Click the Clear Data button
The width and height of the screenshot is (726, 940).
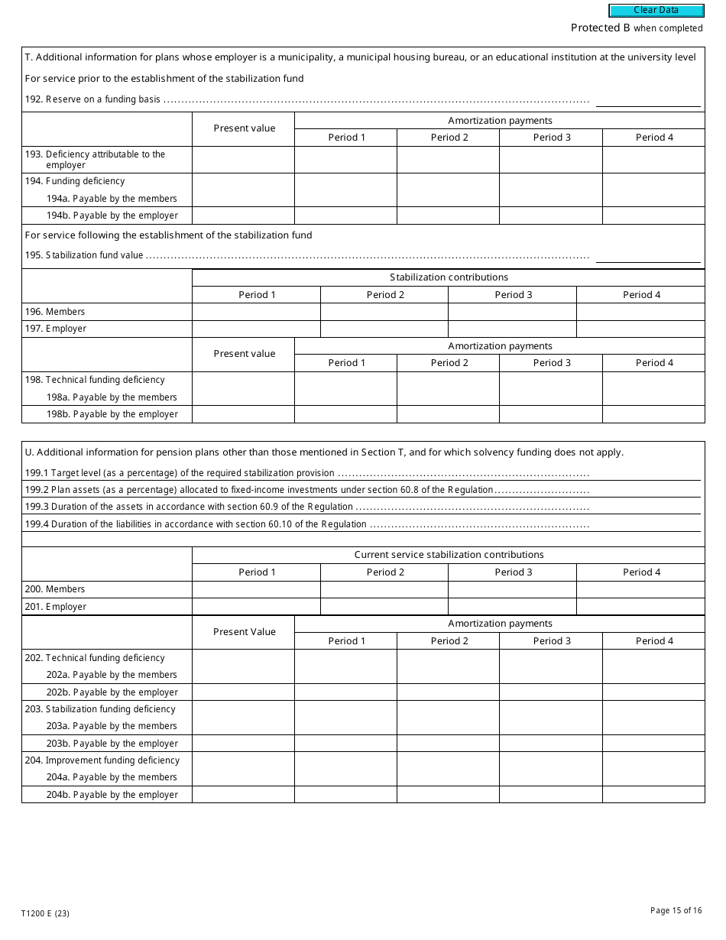pyautogui.click(x=656, y=11)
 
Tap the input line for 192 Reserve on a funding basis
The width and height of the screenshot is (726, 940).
pyautogui.click(x=648, y=100)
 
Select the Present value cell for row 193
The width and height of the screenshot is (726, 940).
pyautogui.click(x=243, y=160)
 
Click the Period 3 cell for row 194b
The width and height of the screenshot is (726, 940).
pyautogui.click(x=551, y=216)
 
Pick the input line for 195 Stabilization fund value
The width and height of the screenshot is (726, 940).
pyautogui.click(x=648, y=256)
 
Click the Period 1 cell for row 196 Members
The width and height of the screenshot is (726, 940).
pyautogui.click(x=256, y=312)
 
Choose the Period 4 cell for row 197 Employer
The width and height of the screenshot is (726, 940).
pyautogui.click(x=640, y=329)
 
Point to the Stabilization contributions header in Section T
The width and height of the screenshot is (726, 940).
pyautogui.click(x=449, y=277)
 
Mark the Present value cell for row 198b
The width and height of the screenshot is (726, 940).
pyautogui.click(x=243, y=414)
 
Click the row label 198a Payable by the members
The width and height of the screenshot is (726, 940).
pyautogui.click(x=112, y=397)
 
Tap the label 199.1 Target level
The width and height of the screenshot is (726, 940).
pyautogui.click(x=180, y=473)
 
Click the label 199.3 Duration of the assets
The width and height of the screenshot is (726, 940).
pyautogui.click(x=189, y=507)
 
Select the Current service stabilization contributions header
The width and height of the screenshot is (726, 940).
pyautogui.click(x=449, y=555)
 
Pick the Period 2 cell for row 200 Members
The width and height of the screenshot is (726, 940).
pyautogui.click(x=384, y=589)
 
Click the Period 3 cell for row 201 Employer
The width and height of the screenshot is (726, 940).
pyautogui.click(x=512, y=607)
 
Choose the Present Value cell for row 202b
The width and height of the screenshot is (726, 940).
pyautogui.click(x=243, y=692)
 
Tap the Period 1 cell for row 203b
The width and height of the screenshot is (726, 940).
pyautogui.click(x=345, y=744)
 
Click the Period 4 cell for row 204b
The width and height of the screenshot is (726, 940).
pyautogui.click(x=653, y=795)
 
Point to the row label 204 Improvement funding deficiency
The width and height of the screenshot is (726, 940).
pyautogui.click(x=112, y=760)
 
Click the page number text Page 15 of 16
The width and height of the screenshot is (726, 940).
pyautogui.click(x=676, y=910)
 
